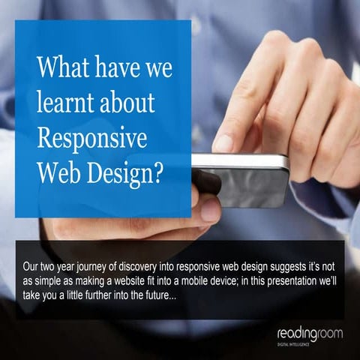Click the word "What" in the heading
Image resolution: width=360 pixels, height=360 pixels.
click(x=63, y=70)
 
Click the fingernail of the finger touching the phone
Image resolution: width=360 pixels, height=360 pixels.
click(x=223, y=142)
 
